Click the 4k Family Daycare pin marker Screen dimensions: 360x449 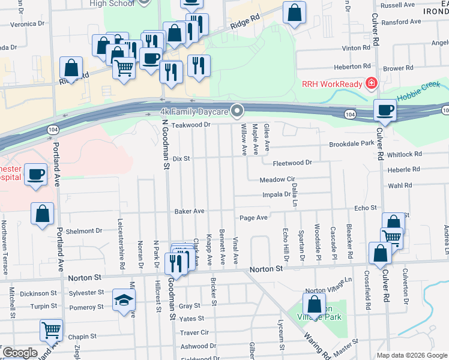[x=238, y=111]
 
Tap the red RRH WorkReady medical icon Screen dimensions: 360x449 [x=372, y=83]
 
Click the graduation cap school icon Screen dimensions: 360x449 [x=124, y=300]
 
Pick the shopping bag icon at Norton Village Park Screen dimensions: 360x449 [x=314, y=304]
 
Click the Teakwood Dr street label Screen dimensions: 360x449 [x=190, y=125]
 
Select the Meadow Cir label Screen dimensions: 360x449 [x=278, y=180]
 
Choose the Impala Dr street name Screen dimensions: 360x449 [x=276, y=194]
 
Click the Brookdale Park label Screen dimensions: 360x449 [x=351, y=144]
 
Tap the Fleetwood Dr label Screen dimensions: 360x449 [x=292, y=163]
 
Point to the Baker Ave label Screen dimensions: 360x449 [x=190, y=211]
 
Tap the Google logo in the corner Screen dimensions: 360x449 [x=19, y=353]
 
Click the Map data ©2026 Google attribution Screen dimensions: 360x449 [x=411, y=355]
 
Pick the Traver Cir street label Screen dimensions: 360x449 [x=194, y=332]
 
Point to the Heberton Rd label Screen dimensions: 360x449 [x=352, y=67]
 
